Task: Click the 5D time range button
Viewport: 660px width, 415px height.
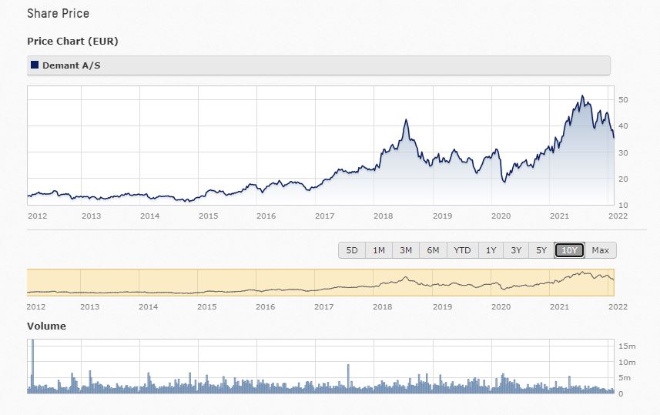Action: coord(352,250)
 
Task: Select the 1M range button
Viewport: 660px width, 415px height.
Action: coord(379,250)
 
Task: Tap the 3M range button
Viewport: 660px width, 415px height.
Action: coord(405,250)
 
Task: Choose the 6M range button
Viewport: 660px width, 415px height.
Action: coord(433,250)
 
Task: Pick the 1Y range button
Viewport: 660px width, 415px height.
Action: coord(491,250)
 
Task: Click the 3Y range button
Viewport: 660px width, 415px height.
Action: coord(516,250)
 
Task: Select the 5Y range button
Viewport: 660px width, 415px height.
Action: coord(541,250)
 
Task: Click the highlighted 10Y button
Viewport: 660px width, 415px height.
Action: coord(570,250)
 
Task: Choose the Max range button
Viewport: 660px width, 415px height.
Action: coord(601,250)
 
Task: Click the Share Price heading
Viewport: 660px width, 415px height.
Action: coord(58,14)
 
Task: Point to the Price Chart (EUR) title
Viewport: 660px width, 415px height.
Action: coord(72,41)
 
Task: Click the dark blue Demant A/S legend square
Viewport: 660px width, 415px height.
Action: coord(34,65)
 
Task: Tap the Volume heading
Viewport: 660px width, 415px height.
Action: coord(46,326)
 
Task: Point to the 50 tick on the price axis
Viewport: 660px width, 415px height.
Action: coord(624,100)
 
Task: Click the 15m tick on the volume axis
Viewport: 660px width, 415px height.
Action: coord(626,346)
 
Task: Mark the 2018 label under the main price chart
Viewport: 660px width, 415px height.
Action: coord(383,216)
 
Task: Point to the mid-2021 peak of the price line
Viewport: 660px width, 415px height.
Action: coord(582,97)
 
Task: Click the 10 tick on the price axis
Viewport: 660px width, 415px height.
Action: coord(624,205)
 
